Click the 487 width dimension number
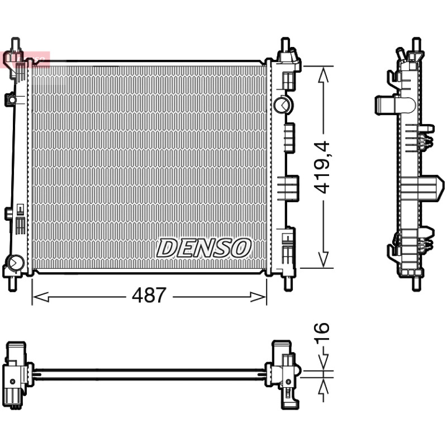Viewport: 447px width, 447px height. coord(149,295)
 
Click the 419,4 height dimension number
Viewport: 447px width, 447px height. coord(322,167)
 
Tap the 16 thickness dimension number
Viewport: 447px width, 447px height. coord(322,332)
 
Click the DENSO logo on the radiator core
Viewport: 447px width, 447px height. coord(204,248)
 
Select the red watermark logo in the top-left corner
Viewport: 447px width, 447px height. coord(25,60)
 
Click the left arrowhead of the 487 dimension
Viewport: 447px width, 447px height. coord(40,297)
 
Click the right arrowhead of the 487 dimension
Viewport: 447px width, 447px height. coord(258,297)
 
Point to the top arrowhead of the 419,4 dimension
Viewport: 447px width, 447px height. coord(324,75)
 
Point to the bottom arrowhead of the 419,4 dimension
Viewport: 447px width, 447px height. coord(324,259)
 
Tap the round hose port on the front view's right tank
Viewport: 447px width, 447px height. coord(282,105)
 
